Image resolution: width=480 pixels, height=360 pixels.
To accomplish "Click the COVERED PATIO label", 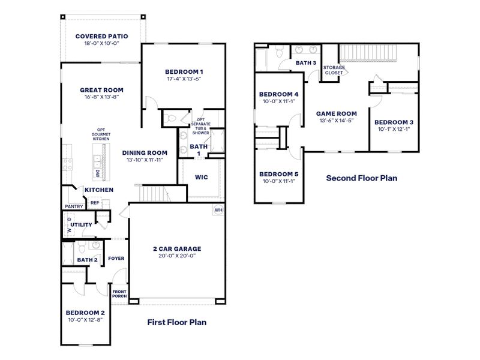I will pyautogui.click(x=101, y=36).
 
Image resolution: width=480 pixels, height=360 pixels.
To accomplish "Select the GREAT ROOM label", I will pyautogui.click(x=101, y=90).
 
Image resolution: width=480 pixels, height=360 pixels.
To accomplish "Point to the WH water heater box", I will pyautogui.click(x=218, y=210).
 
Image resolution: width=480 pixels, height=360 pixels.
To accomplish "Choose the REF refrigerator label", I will pyautogui.click(x=95, y=203).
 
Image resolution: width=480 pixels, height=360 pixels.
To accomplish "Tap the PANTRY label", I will pyautogui.click(x=73, y=207).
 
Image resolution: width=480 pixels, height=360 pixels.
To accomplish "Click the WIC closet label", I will pyautogui.click(x=201, y=177).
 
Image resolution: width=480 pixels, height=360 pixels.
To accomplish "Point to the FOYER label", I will pyautogui.click(x=116, y=259).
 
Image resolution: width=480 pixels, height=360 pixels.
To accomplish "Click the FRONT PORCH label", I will pyautogui.click(x=119, y=293).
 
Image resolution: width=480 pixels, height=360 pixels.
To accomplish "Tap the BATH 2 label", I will pyautogui.click(x=86, y=260).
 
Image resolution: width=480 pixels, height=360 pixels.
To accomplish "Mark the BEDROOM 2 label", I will pyautogui.click(x=85, y=313).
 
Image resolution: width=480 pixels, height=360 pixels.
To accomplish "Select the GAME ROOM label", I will pyautogui.click(x=337, y=113).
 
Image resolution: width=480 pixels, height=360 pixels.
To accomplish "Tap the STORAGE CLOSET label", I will pyautogui.click(x=334, y=70).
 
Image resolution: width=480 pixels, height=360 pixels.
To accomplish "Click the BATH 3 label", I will pyautogui.click(x=306, y=62).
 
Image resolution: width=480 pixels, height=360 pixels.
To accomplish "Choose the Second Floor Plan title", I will pyautogui.click(x=361, y=178).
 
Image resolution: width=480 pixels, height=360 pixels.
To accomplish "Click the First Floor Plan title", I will pyautogui.click(x=176, y=322).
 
